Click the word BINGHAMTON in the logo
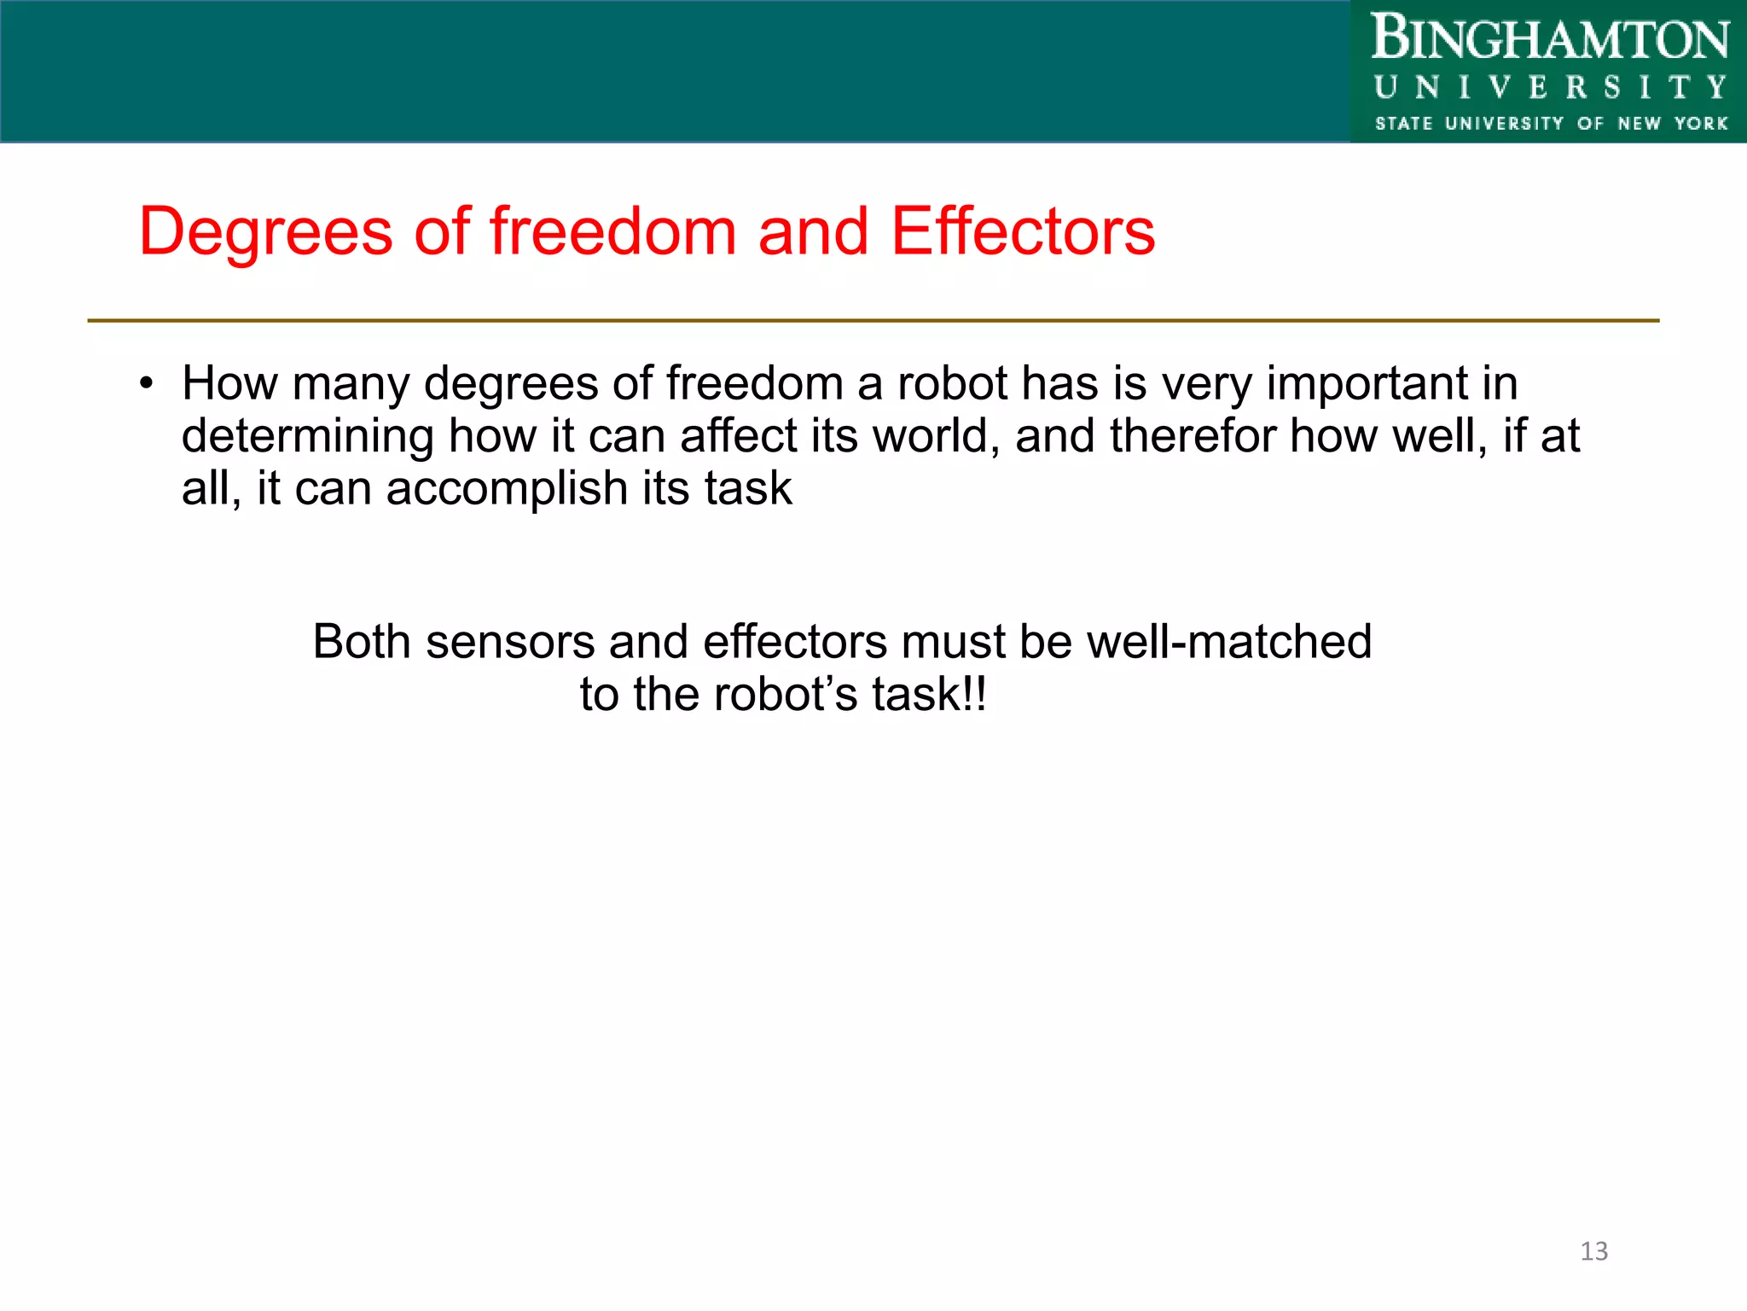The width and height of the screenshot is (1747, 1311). click(x=1549, y=39)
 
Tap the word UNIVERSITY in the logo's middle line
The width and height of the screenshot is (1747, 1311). click(x=1549, y=88)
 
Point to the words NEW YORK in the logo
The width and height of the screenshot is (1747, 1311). click(x=1672, y=124)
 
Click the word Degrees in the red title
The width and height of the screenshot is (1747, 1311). click(x=265, y=232)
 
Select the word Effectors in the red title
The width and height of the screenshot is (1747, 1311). click(x=1023, y=232)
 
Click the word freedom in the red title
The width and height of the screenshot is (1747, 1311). click(x=612, y=232)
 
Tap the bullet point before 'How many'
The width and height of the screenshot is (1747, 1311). click(x=147, y=383)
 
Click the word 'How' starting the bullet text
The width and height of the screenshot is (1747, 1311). click(x=229, y=383)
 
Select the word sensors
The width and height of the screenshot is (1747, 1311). click(x=509, y=642)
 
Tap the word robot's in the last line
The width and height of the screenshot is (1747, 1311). click(x=785, y=694)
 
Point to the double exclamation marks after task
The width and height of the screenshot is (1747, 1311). click(x=973, y=694)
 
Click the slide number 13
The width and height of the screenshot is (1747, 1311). click(x=1593, y=1251)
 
